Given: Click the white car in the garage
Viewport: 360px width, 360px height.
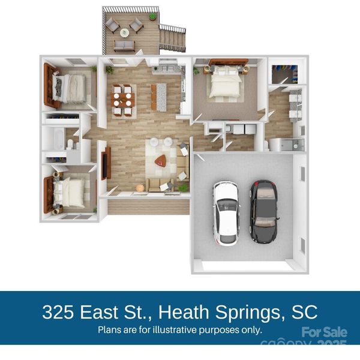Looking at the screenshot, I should click(x=227, y=212).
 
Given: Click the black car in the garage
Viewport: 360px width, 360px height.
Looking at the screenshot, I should click(x=263, y=211).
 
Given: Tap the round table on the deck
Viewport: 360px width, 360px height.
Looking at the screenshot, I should click(x=125, y=32).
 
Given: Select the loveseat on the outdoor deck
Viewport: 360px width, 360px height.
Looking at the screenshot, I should click(x=125, y=46).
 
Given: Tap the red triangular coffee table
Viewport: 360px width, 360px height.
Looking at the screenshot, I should click(x=160, y=160).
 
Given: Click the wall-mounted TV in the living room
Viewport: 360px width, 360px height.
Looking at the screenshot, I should click(x=106, y=163).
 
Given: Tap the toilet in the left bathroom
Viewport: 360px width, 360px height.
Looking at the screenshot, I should click(x=70, y=144).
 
